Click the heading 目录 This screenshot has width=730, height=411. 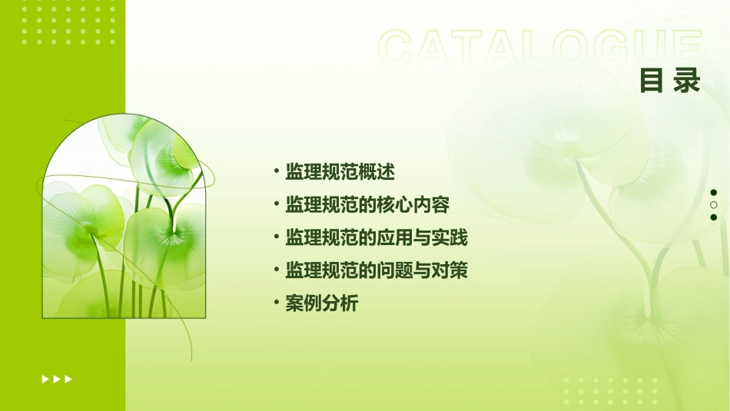click(669, 80)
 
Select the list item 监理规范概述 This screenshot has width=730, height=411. click(340, 172)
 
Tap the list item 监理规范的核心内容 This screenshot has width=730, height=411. click(367, 205)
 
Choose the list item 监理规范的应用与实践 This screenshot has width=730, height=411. click(376, 238)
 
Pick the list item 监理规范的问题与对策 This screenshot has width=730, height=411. click(376, 270)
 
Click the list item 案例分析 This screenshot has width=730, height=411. click(321, 303)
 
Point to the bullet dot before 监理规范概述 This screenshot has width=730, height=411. click(277, 172)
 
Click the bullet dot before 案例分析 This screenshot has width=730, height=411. click(277, 303)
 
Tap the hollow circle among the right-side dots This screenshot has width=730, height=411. click(714, 205)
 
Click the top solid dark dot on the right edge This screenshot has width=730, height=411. click(714, 193)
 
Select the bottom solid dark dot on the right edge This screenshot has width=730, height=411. click(714, 217)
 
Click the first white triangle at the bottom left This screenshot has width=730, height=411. click(45, 379)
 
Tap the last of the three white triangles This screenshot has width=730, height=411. click(68, 379)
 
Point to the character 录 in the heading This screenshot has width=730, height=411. click(686, 80)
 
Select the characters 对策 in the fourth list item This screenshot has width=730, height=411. click(450, 270)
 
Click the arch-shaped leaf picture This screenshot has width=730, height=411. click(124, 219)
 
